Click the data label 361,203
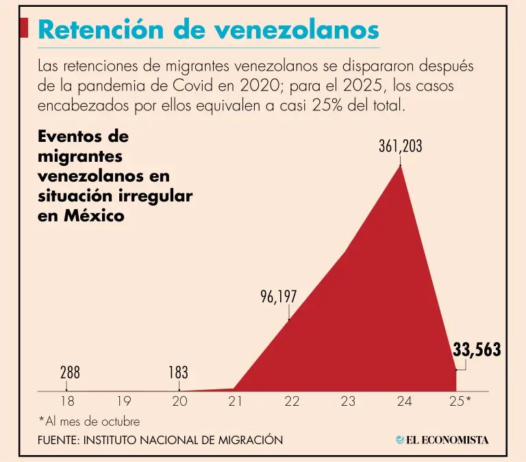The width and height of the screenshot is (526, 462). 401,146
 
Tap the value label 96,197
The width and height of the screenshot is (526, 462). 278,297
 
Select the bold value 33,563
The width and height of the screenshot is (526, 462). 477,350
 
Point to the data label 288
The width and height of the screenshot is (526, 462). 70,373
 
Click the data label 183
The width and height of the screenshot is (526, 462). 178,373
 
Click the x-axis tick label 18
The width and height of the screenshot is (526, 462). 66,402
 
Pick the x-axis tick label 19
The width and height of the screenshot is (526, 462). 123,402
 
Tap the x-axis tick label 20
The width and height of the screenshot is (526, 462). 179,402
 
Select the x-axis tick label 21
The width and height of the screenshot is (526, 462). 236,402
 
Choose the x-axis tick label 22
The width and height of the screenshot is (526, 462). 292,402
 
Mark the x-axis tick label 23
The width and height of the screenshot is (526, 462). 348,402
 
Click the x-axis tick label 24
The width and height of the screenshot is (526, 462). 404,402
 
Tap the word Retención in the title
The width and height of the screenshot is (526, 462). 103,29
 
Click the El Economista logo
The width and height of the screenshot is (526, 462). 442,440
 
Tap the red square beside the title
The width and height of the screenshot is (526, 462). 25,28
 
